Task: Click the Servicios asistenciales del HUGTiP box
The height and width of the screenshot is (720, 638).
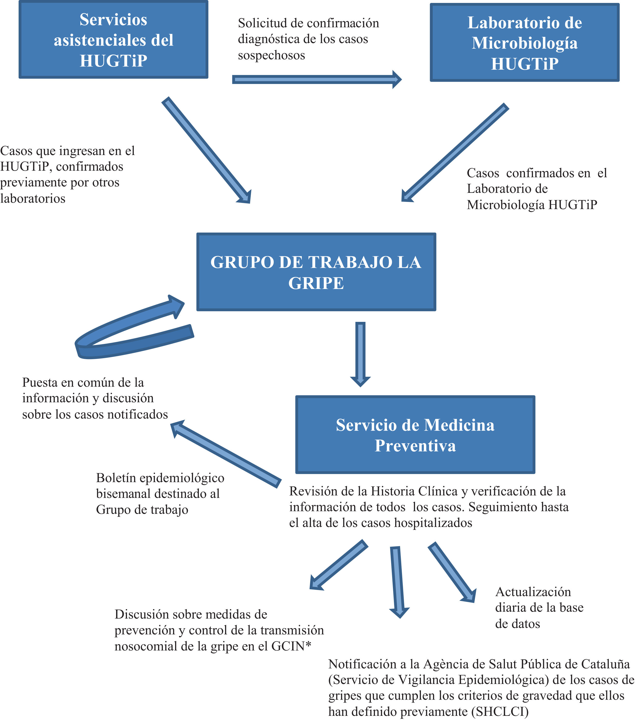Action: click(113, 39)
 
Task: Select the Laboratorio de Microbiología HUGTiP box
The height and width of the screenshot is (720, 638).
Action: click(525, 43)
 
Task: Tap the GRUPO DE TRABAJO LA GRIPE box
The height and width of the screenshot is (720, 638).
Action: click(316, 272)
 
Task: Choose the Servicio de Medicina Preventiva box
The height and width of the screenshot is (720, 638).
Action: click(415, 435)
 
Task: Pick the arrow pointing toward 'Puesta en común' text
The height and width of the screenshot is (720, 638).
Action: click(226, 454)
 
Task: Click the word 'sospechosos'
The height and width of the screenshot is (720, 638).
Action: click(271, 55)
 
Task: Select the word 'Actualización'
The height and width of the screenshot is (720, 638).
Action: click(533, 592)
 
